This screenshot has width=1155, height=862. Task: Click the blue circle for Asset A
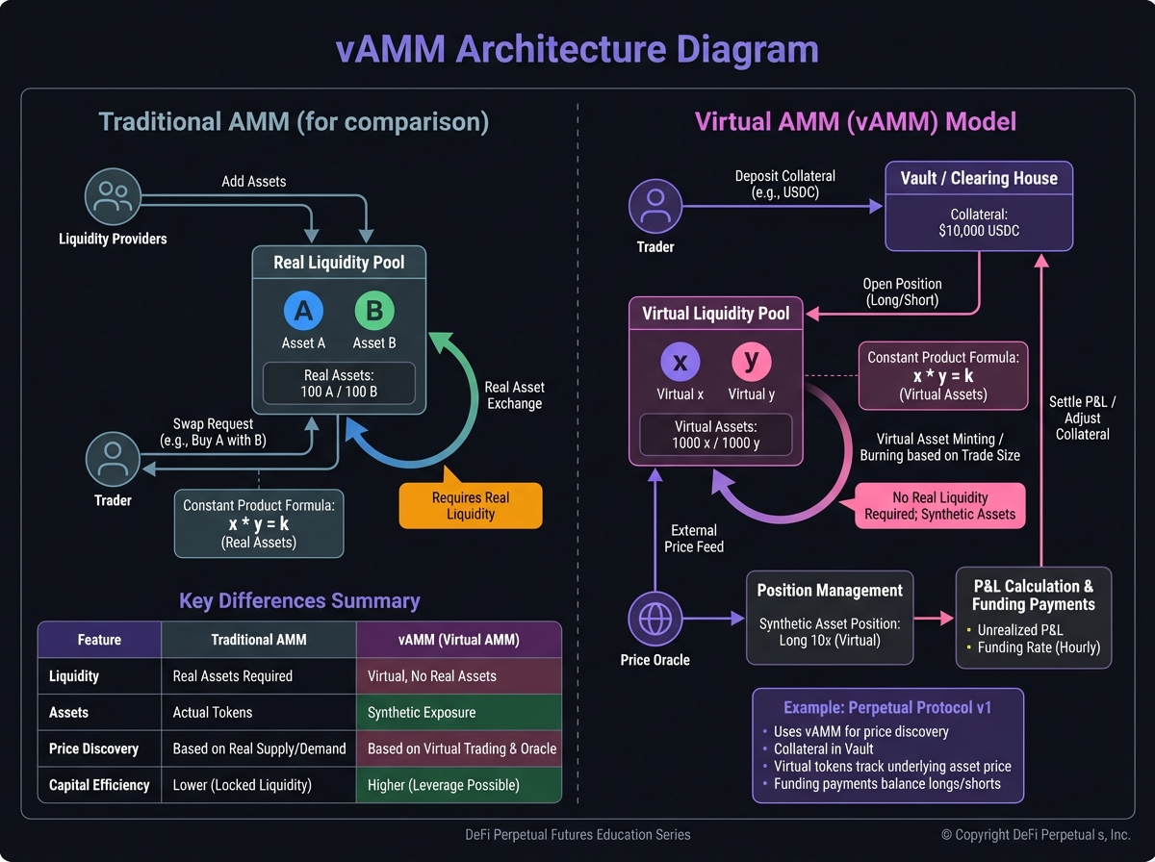pyautogui.click(x=303, y=312)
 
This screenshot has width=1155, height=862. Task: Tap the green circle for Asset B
pyautogui.click(x=374, y=312)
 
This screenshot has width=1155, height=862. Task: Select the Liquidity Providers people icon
pyautogui.click(x=114, y=198)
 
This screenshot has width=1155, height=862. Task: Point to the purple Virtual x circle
pyautogui.click(x=680, y=363)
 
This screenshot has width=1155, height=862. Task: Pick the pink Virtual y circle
pyautogui.click(x=751, y=363)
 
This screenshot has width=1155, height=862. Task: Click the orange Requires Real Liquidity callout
pyautogui.click(x=471, y=506)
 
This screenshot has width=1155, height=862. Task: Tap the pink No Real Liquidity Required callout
pyautogui.click(x=938, y=506)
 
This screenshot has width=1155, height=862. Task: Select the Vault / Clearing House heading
pyautogui.click(x=979, y=178)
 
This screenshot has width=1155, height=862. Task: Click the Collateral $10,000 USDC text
pyautogui.click(x=979, y=222)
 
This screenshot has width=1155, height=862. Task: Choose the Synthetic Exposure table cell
pyautogui.click(x=422, y=713)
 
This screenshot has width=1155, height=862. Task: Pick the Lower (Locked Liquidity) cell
pyautogui.click(x=243, y=785)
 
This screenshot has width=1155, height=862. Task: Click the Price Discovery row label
pyautogui.click(x=94, y=748)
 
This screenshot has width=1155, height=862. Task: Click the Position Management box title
pyautogui.click(x=830, y=591)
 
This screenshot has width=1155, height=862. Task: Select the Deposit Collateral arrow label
pyautogui.click(x=785, y=185)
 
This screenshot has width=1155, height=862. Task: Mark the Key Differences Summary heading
pyautogui.click(x=299, y=601)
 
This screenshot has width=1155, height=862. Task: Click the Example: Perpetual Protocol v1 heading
pyautogui.click(x=887, y=708)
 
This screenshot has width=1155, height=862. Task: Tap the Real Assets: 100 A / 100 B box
pyautogui.click(x=339, y=384)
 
